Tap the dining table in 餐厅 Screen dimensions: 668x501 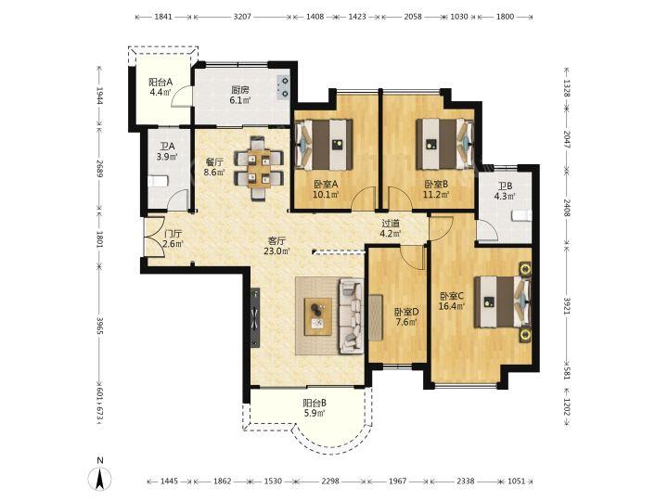[x=260, y=168]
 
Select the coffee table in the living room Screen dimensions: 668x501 [x=318, y=316]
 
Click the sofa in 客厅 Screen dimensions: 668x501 [x=351, y=316]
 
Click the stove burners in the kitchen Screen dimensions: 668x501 [x=283, y=87]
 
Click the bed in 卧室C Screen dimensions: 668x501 [x=503, y=302]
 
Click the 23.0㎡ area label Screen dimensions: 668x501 [x=276, y=250]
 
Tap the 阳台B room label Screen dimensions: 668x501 [x=315, y=403]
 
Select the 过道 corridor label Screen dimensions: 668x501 [x=391, y=224]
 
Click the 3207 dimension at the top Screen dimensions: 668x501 [x=242, y=17]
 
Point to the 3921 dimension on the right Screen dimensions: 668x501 [x=567, y=305]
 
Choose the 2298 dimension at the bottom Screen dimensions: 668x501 [x=330, y=481]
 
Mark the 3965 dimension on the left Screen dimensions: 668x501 [x=99, y=326]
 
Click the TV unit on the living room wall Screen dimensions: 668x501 [x=255, y=317]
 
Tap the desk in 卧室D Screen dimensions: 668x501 [x=376, y=317]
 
